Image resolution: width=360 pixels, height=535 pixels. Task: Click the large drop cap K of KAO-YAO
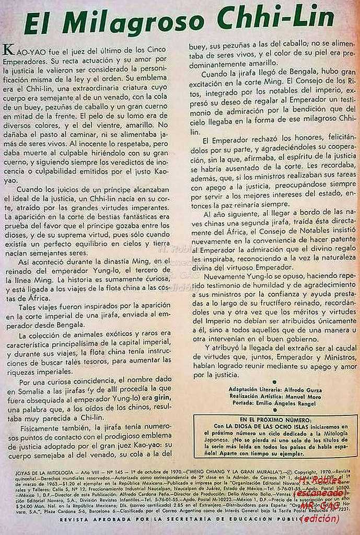(8, 50)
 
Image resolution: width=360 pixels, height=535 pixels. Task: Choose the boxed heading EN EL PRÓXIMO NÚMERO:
(275, 420)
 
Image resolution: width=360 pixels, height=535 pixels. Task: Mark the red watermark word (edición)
(321, 519)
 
